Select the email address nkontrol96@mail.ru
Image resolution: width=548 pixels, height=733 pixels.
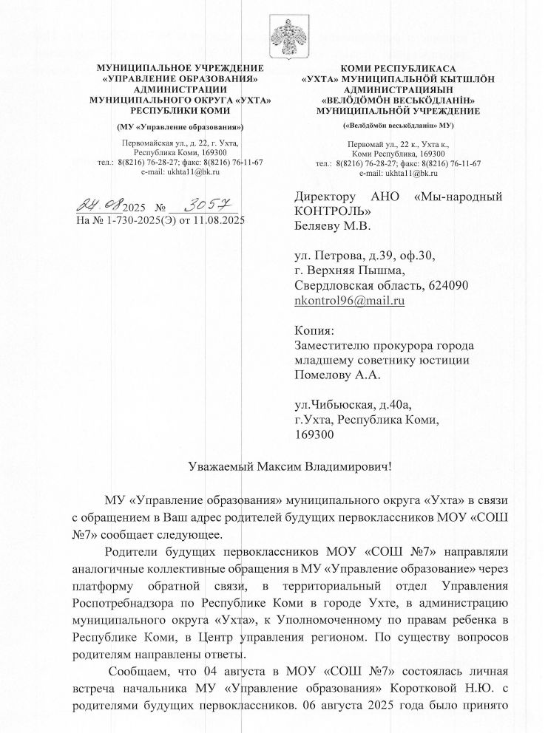point(349,301)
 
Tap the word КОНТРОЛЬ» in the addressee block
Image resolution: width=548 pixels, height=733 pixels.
point(328,211)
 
